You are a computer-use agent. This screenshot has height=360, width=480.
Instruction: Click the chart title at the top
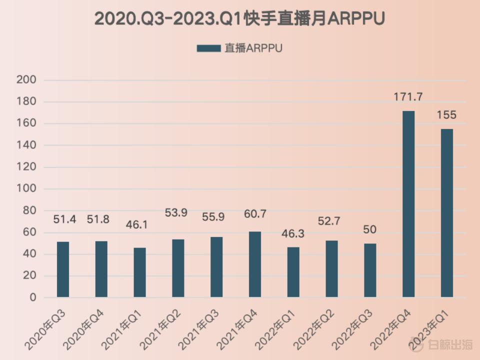pos(240,18)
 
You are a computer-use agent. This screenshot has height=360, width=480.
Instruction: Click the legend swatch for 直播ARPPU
pos(208,48)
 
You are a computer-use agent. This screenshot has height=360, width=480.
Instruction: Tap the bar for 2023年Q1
pos(446,213)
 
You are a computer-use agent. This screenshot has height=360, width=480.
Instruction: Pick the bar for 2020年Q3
pos(63,269)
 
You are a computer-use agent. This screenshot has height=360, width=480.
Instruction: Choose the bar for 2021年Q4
pos(254,264)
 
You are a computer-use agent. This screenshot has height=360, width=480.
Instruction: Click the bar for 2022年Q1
pos(293,272)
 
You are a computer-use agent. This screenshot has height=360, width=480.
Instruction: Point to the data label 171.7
pos(408,97)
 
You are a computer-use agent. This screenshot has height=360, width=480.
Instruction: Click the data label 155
pos(446,115)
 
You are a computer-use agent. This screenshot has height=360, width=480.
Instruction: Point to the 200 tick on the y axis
pos(26,80)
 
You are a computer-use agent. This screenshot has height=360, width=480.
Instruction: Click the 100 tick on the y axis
pos(26,189)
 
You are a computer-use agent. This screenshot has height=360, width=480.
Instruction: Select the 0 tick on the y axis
pos(32,297)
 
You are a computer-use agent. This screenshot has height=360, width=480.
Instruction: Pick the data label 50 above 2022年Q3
pos(370,229)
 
